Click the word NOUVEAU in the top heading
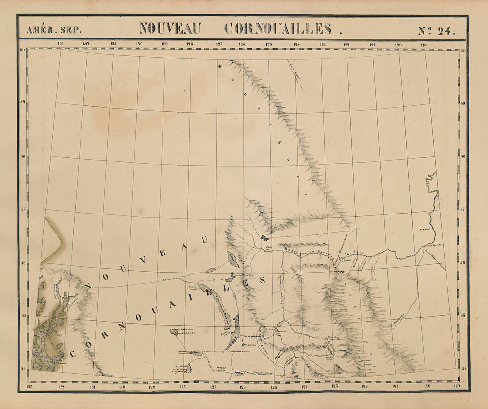170,29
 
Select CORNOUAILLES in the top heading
278,29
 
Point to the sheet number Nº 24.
436,30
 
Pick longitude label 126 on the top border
242,44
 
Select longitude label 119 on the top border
423,44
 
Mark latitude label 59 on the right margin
462,103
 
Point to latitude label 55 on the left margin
23,315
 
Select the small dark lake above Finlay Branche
264,238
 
